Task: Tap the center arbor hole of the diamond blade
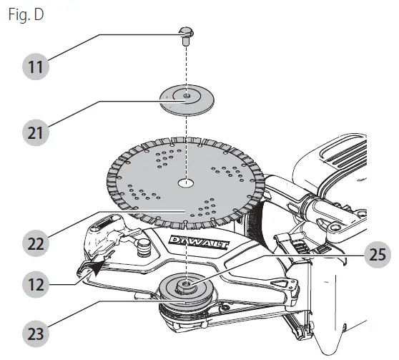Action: (x=185, y=183)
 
